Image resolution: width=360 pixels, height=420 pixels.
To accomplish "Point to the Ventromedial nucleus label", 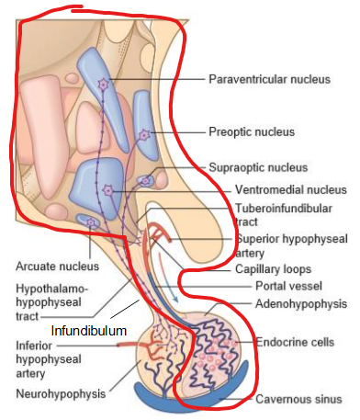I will click(276, 190).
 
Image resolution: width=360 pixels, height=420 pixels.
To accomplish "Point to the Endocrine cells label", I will click(296, 343).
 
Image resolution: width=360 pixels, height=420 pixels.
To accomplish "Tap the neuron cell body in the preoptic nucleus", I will click(144, 135).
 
